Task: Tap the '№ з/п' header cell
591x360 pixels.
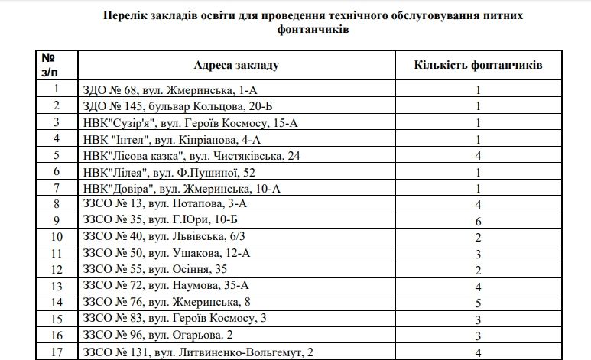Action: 47,65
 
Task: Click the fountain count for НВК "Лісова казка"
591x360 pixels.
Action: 479,155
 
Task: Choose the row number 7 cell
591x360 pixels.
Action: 56,188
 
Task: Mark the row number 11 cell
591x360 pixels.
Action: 56,253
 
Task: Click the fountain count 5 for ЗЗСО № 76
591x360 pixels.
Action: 479,302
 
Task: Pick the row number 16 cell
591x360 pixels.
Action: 56,335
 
